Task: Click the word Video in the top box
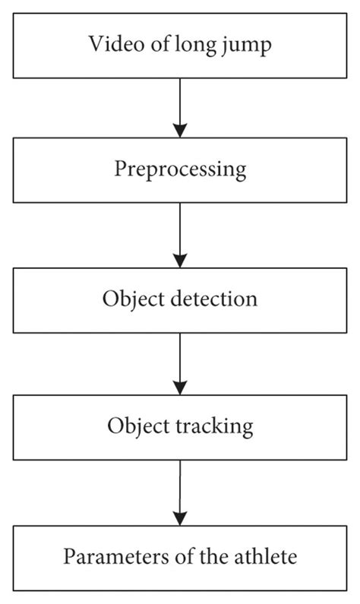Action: pyautogui.click(x=112, y=43)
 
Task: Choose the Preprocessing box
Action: pyautogui.click(x=180, y=169)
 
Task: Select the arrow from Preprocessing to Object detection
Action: pyautogui.click(x=180, y=232)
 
